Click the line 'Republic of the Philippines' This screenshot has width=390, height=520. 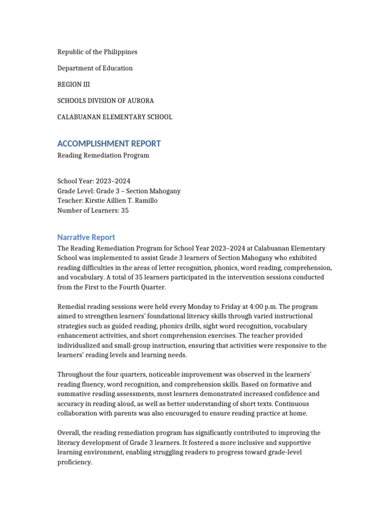coord(97,52)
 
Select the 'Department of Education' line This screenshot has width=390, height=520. coord(95,68)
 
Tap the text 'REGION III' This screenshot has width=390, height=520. coord(73,84)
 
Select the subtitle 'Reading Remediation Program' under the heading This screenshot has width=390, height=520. coord(103,155)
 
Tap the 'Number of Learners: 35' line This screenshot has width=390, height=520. coord(93,210)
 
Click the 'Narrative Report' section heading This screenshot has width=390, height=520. coord(86,237)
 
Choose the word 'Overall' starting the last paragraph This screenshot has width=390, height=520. coord(69,433)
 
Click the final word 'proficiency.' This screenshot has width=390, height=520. coord(75,462)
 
